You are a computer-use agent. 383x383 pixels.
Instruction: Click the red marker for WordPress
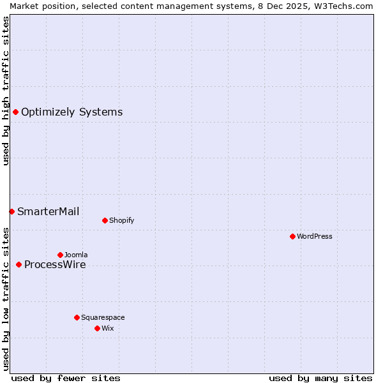292,236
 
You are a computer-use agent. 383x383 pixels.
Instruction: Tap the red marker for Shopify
105,220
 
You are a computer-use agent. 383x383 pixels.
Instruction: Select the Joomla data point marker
60,255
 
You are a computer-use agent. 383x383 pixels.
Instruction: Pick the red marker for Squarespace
77,317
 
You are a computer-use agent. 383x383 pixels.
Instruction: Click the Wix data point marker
97,328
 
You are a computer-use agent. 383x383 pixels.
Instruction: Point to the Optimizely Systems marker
15,112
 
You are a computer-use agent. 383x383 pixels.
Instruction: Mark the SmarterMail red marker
11,211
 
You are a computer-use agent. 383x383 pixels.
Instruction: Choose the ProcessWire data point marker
19,264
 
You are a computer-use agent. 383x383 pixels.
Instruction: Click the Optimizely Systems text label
71,112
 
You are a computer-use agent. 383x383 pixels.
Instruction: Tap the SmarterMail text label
48,211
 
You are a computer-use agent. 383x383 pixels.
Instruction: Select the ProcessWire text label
55,265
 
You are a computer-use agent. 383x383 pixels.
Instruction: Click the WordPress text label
315,236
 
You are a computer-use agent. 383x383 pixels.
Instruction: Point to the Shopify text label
121,220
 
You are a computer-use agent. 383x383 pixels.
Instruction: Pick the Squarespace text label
103,317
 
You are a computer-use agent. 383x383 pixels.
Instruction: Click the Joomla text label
76,255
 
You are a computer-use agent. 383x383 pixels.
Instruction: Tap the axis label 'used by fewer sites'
66,378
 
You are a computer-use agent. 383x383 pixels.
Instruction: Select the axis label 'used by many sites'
320,378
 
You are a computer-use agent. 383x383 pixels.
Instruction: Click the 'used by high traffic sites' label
6,91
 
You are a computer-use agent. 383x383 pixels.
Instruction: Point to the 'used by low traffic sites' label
6,298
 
